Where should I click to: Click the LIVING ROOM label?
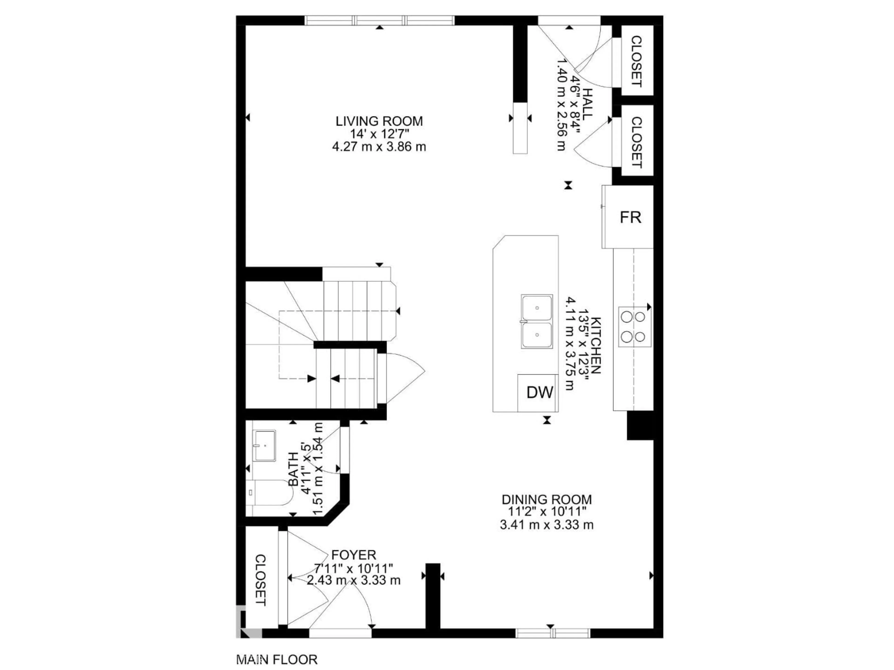pos(379,121)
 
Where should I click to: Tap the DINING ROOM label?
pos(546,499)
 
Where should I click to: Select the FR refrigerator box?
pos(630,217)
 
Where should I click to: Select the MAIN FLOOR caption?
pos(277,660)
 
